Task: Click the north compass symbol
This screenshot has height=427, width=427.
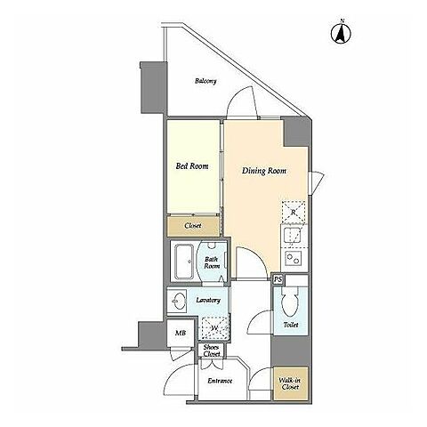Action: pyautogui.click(x=341, y=32)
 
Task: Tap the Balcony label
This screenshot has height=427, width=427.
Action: pyautogui.click(x=205, y=81)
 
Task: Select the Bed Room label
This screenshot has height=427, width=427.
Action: pyautogui.click(x=192, y=166)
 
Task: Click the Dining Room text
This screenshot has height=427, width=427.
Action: pyautogui.click(x=264, y=171)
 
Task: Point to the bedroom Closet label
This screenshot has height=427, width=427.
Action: pyautogui.click(x=193, y=226)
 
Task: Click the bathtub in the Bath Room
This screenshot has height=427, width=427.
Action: pyautogui.click(x=184, y=262)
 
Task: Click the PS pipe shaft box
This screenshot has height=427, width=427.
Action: pyautogui.click(x=278, y=279)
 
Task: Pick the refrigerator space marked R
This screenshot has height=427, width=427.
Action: pyautogui.click(x=294, y=212)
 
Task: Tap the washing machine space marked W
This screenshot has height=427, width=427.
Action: pyautogui.click(x=214, y=328)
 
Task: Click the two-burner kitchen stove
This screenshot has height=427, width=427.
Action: pyautogui.click(x=294, y=258)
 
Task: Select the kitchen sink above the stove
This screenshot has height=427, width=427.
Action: pyautogui.click(x=292, y=237)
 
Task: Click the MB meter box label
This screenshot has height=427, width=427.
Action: pyautogui.click(x=181, y=333)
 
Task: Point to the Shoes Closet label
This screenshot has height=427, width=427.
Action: pyautogui.click(x=212, y=350)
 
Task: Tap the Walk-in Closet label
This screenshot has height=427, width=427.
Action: pyautogui.click(x=290, y=383)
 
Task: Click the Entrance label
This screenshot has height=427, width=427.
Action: pyautogui.click(x=220, y=381)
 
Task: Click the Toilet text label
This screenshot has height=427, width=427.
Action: pyautogui.click(x=291, y=325)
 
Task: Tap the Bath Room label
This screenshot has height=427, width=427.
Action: pyautogui.click(x=212, y=262)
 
